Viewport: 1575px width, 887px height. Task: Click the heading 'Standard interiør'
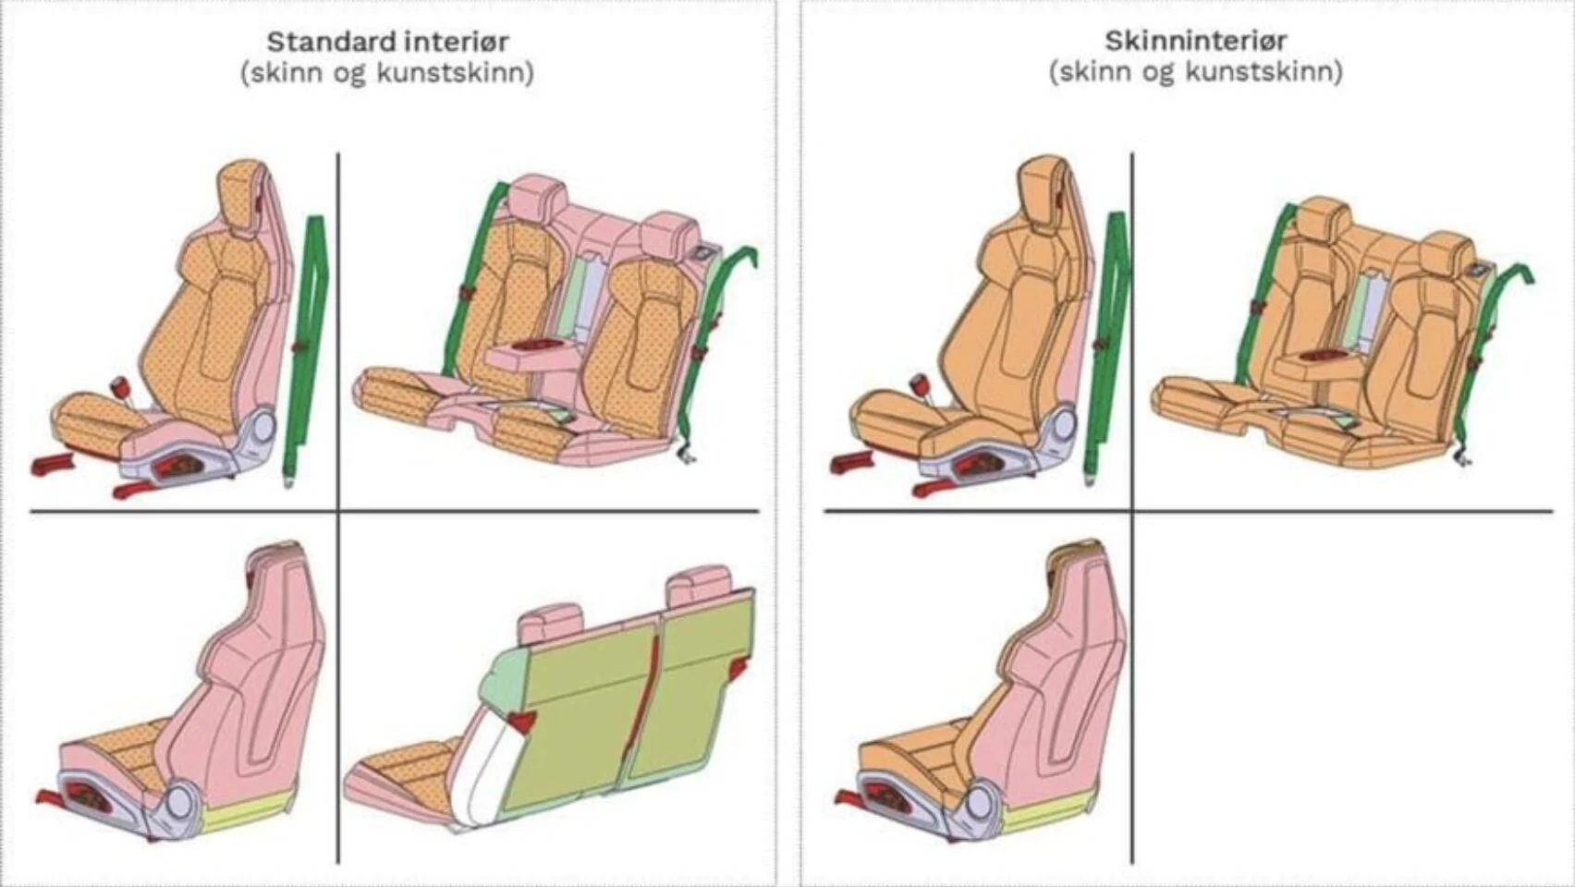[387, 43]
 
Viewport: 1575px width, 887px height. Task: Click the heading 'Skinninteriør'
[1195, 41]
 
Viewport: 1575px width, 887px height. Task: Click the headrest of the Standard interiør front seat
[242, 189]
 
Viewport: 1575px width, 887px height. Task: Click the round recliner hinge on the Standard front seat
[262, 428]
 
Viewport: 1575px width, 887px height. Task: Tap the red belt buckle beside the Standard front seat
[121, 386]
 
